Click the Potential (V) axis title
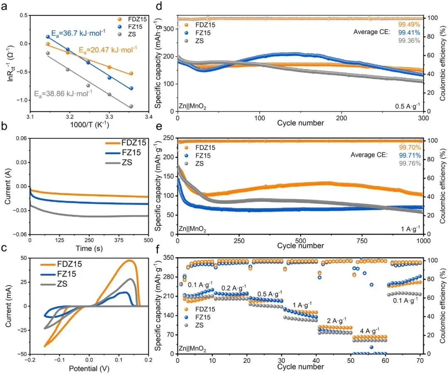[88, 368]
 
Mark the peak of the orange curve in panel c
[129, 260]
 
